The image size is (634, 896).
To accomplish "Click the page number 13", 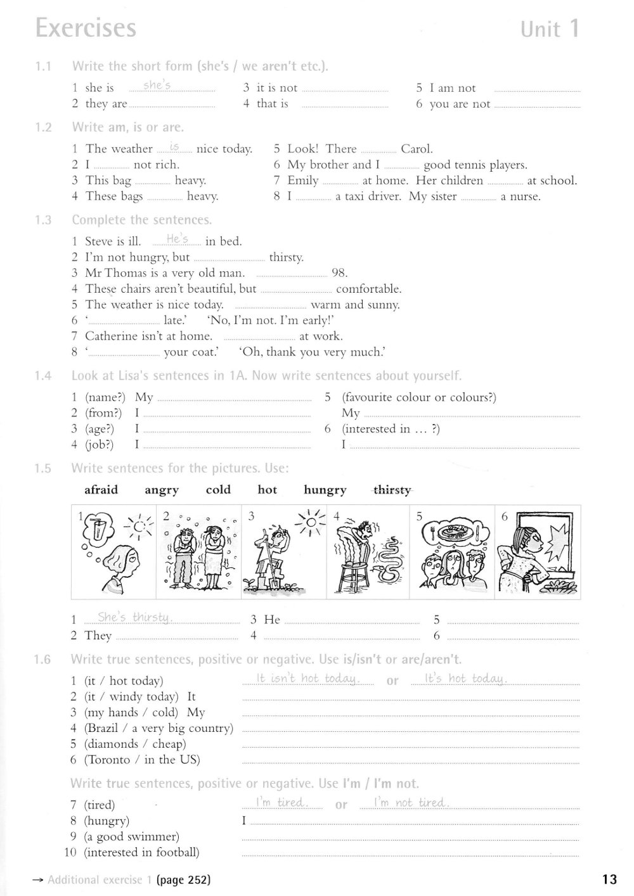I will click(x=609, y=879).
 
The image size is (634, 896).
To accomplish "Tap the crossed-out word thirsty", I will click(x=392, y=490).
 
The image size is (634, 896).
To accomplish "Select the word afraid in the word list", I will click(x=101, y=490).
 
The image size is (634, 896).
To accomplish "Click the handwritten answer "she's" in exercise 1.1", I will click(x=157, y=86).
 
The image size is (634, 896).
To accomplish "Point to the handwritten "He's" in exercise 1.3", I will click(x=178, y=239).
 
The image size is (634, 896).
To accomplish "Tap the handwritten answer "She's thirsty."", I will click(x=135, y=617).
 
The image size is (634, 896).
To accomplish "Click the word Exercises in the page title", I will click(x=86, y=29).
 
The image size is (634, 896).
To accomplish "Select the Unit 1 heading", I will click(x=550, y=29).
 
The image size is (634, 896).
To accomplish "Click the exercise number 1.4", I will click(x=42, y=376).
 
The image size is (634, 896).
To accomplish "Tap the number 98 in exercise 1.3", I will click(x=339, y=273).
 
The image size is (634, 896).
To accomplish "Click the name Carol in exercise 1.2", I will click(x=416, y=149).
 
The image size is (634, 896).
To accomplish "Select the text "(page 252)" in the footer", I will click(x=183, y=880).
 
